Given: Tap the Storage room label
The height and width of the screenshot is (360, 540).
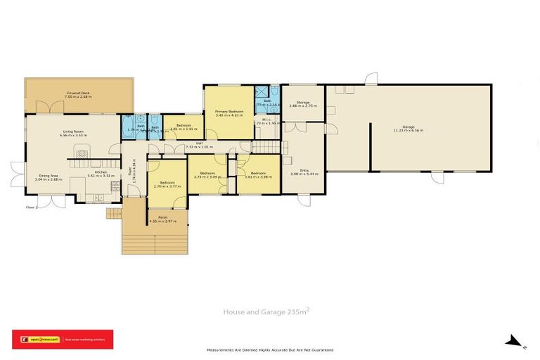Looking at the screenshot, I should [303, 103].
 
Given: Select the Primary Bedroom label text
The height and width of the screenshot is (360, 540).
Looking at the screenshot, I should [229, 112].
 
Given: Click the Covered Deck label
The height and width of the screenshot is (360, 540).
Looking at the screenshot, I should [77, 93].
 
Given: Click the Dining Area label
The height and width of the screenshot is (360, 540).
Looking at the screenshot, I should [49, 176].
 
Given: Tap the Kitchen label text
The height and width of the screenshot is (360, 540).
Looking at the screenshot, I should [101, 172].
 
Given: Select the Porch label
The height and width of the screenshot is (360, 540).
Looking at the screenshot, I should [162, 217].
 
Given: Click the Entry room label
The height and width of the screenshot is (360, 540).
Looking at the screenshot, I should [304, 169].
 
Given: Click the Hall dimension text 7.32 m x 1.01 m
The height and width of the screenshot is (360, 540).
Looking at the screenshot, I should [199, 148].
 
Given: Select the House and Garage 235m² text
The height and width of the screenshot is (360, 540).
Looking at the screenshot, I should [266, 311].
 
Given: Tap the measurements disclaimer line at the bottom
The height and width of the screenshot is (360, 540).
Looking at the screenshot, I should [269, 349].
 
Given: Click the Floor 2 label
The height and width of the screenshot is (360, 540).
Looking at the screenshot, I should [31, 207].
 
